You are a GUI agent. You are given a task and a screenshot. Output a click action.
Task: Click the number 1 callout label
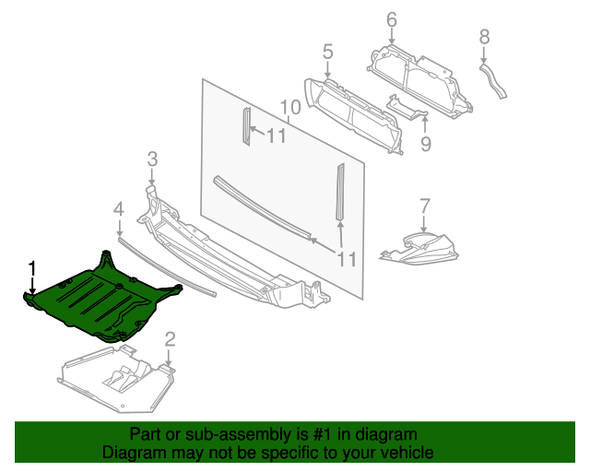[x=32, y=268]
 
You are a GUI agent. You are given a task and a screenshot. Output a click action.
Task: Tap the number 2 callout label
[x=170, y=339]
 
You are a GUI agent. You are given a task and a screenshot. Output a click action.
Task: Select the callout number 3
[x=152, y=159]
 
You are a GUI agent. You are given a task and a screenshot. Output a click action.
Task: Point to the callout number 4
[x=118, y=211]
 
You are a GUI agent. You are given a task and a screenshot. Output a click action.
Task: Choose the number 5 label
[x=327, y=52]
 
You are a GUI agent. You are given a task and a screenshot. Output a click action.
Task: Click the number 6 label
[x=391, y=18]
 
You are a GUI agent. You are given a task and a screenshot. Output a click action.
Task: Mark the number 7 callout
[x=424, y=205]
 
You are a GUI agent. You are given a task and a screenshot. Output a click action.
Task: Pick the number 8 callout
[x=484, y=37]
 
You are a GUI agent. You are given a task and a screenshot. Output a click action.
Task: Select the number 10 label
[x=289, y=107]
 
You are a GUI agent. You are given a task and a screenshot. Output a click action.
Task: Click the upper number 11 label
[x=277, y=136]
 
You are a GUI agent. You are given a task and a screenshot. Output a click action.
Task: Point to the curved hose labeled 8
[x=492, y=81]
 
